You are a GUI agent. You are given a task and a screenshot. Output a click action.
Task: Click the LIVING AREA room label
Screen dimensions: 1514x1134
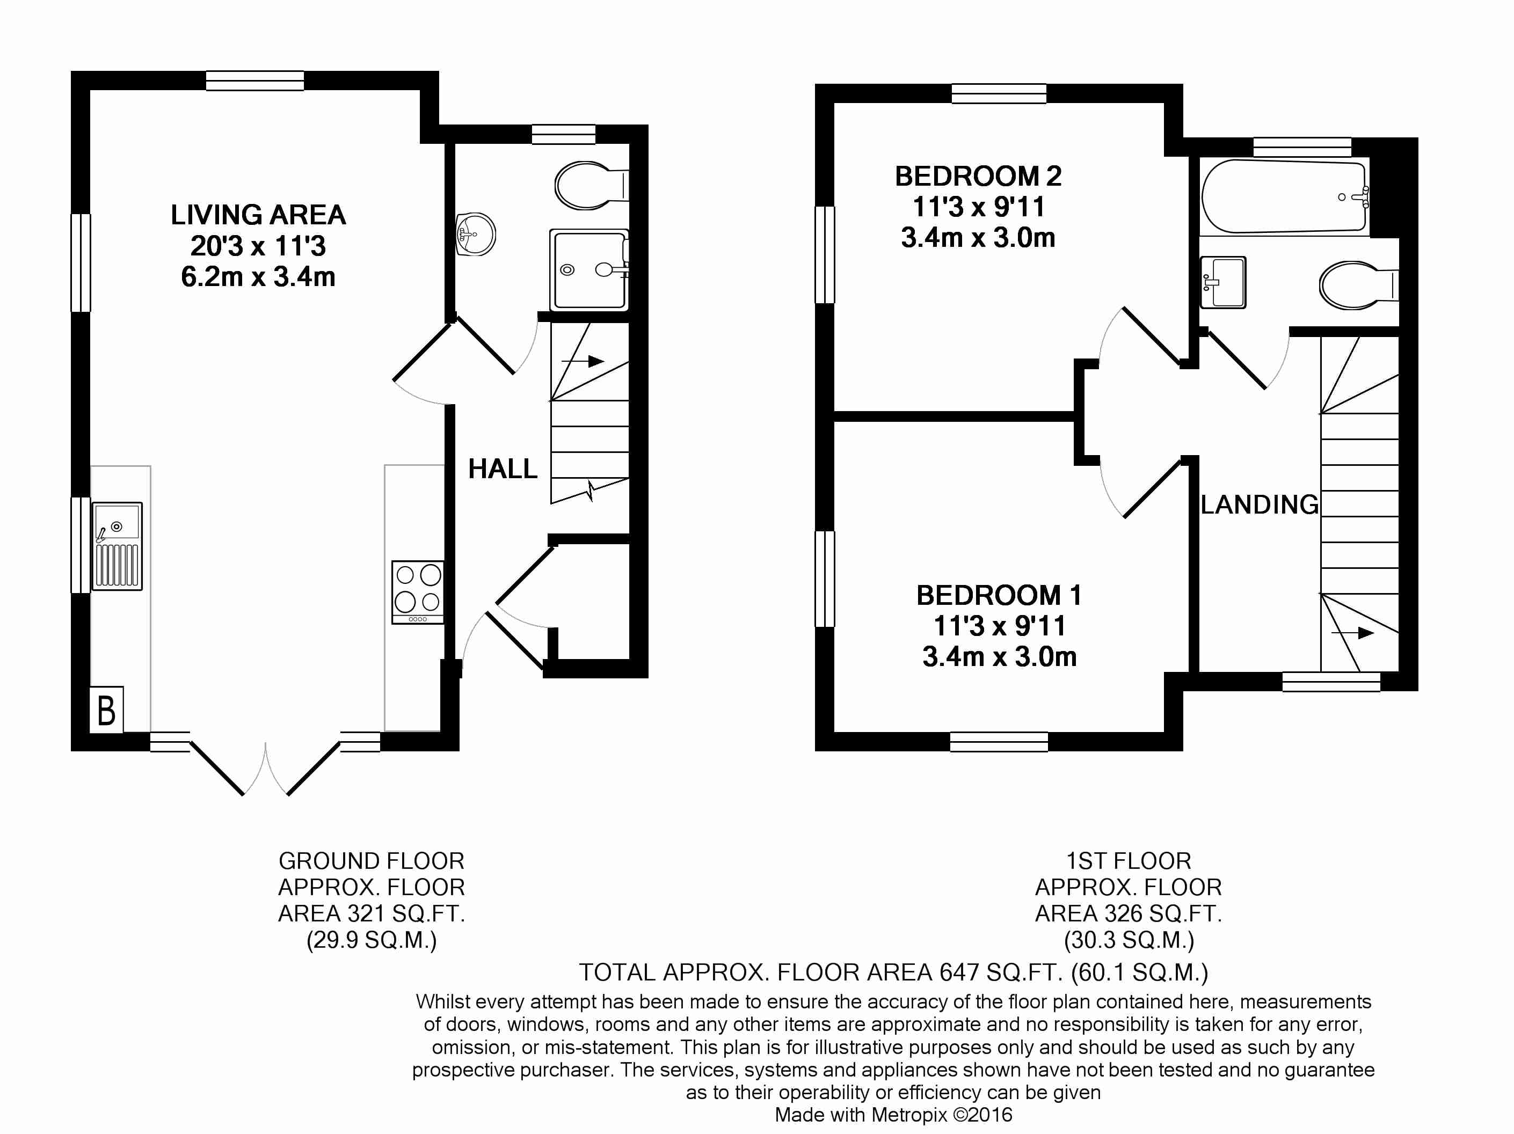tap(258, 215)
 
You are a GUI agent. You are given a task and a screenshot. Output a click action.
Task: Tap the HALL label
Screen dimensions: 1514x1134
tap(503, 469)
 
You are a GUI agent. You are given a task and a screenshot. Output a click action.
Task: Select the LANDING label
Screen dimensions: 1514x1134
tap(1260, 504)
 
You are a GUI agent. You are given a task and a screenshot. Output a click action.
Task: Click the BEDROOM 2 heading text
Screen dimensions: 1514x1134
tap(978, 177)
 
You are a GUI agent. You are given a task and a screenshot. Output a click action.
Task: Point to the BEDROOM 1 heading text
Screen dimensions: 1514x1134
tap(999, 595)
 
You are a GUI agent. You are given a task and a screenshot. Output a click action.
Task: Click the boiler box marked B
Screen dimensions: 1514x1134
tap(107, 709)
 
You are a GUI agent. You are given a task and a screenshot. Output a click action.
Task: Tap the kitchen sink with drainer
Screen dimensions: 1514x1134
tap(118, 546)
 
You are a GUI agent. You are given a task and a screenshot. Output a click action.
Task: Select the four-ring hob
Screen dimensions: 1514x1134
tap(418, 592)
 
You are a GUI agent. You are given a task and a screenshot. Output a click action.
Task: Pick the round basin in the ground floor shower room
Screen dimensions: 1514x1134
tap(476, 235)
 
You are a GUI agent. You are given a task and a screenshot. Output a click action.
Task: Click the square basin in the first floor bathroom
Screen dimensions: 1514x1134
tap(1223, 282)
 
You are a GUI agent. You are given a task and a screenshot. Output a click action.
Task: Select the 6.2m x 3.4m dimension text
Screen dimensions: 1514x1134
tap(258, 277)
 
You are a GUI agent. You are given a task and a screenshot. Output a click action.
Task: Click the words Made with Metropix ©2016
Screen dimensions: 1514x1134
tap(893, 1115)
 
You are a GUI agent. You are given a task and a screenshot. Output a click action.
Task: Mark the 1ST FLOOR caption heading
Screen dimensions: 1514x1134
tap(1129, 860)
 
